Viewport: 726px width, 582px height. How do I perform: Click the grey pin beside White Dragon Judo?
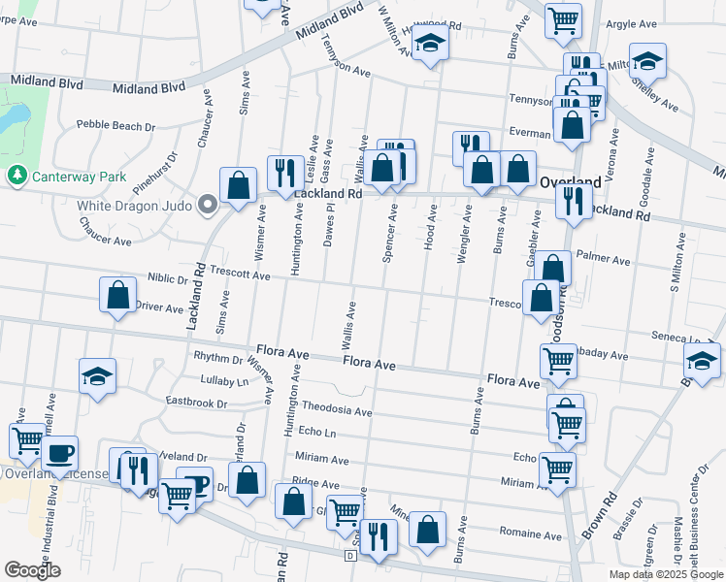(x=207, y=205)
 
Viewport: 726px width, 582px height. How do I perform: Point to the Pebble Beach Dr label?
(x=115, y=126)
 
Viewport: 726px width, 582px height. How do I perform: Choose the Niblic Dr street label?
(x=167, y=276)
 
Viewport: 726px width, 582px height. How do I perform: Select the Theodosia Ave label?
(x=337, y=410)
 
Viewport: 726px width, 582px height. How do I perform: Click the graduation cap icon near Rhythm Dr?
(x=97, y=377)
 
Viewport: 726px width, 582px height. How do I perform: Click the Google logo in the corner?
(x=31, y=570)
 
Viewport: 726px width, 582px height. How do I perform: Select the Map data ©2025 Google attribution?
(x=666, y=574)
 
